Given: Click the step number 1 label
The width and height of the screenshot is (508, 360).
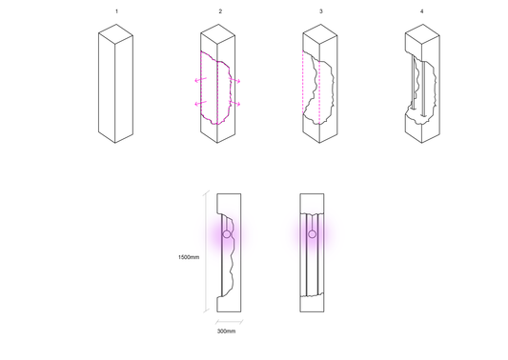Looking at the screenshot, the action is point(116,11).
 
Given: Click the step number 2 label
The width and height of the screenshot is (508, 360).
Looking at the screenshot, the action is point(220,11).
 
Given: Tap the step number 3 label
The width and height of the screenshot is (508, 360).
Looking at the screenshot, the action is point(321,11).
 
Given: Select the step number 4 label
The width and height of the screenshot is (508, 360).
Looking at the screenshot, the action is point(422,11).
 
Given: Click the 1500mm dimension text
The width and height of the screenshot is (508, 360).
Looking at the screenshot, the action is point(189,257).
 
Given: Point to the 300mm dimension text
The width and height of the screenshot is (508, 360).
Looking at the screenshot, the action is point(227,331).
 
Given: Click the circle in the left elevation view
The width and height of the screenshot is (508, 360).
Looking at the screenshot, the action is point(227,234).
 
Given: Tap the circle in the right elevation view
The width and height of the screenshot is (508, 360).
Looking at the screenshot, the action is point(312,234).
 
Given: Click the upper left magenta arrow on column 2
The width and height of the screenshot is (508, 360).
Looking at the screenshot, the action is point(200,79).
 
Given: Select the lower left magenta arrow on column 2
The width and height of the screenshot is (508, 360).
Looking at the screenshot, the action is point(200,103).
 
